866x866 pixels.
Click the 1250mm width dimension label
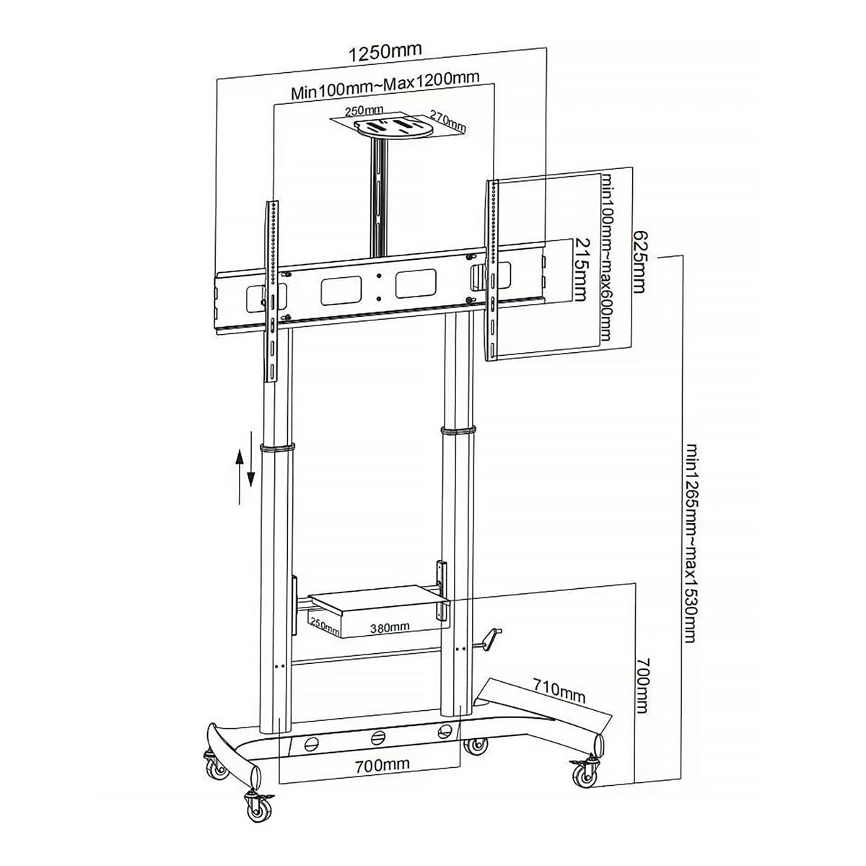coord(385,52)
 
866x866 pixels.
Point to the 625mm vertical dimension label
coord(639,261)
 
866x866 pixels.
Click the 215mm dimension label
coord(580,269)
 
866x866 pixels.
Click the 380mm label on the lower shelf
coord(390,627)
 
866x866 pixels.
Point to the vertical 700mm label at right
coord(643,686)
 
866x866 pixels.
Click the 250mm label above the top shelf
coord(364,110)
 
